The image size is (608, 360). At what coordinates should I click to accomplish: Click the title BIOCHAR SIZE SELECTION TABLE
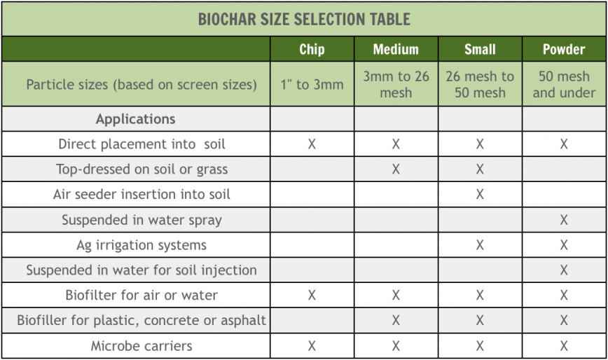(x=304, y=18)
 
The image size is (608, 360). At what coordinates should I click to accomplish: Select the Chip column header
(x=312, y=49)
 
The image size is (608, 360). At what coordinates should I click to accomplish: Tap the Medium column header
(x=396, y=49)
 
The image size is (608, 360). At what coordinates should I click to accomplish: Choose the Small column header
(x=480, y=49)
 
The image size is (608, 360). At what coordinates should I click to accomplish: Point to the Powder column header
(x=564, y=49)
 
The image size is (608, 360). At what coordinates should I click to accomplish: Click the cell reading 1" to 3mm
(x=312, y=85)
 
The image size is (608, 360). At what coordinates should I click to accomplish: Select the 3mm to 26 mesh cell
(x=396, y=84)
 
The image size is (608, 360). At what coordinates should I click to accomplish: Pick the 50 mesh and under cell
(x=564, y=84)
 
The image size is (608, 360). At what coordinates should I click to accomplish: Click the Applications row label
(x=136, y=118)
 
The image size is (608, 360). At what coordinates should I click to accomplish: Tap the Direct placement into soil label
(x=141, y=144)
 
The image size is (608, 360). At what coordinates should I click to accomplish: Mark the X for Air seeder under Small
(x=480, y=195)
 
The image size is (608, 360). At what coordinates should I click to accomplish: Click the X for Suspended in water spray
(x=564, y=220)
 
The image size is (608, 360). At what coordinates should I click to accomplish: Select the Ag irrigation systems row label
(x=141, y=245)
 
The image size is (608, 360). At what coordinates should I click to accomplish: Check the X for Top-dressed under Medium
(x=396, y=169)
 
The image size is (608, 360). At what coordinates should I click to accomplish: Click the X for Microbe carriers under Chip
(x=312, y=346)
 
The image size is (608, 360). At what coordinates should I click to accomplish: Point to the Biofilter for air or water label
(x=141, y=296)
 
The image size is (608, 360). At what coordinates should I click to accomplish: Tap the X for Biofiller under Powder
(x=564, y=321)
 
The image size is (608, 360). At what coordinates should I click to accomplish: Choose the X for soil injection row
(x=564, y=270)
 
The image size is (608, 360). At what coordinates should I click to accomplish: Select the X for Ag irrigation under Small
(x=480, y=245)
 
